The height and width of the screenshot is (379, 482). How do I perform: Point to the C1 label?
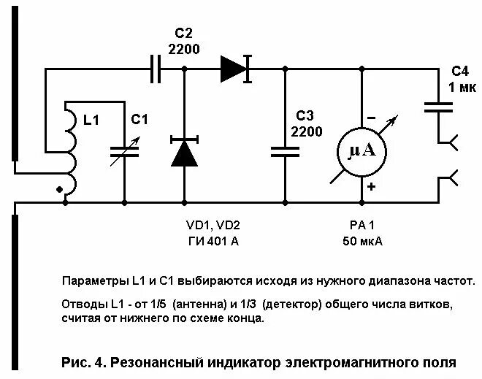point(139,119)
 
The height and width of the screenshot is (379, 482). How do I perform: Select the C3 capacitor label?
point(305,117)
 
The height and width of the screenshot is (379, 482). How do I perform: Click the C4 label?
point(459,72)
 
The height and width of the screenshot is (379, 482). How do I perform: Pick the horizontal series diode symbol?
point(235,69)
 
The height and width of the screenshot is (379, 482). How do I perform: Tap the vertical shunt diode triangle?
point(183,152)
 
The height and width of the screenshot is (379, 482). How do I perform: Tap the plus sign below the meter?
point(371,187)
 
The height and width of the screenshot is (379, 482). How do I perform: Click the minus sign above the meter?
point(371,117)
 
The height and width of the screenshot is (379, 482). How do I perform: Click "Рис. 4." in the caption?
point(82,361)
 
